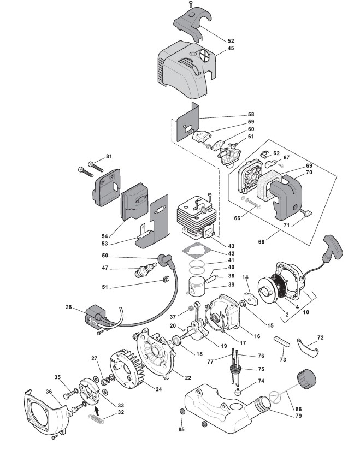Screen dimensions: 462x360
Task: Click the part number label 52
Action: [231, 41]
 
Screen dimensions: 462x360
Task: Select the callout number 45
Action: [231, 48]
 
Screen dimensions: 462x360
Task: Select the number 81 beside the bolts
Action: [109, 157]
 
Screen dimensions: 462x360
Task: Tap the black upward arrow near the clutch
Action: [98, 406]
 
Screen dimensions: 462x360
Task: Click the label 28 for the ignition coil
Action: [68, 308]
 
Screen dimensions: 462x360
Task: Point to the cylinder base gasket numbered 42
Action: [196, 252]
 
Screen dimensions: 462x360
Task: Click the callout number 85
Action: [181, 429]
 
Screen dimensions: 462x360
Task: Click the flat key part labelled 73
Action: [282, 339]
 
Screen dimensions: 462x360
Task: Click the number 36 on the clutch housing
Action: [49, 391]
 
